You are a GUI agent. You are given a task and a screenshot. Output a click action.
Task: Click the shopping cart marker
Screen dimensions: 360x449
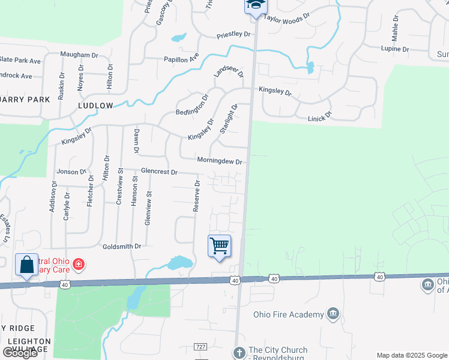[220, 245]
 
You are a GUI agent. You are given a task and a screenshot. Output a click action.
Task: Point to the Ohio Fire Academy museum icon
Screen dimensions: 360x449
[333, 314]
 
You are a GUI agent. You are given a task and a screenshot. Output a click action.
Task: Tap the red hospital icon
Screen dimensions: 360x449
[78, 264]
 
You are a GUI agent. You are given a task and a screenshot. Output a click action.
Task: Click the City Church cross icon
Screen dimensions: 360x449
[239, 353]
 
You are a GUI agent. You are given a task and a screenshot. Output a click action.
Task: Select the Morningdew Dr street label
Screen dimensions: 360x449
[219, 161]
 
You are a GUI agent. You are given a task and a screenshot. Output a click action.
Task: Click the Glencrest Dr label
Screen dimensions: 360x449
[159, 172]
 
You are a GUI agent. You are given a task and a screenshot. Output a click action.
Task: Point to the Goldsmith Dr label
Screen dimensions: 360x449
[121, 246]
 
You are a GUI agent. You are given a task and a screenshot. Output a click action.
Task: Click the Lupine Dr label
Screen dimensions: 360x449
[395, 49]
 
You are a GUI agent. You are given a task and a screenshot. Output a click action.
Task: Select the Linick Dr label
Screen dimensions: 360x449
[319, 116]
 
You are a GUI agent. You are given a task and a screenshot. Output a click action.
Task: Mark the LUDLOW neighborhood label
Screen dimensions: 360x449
[95, 106]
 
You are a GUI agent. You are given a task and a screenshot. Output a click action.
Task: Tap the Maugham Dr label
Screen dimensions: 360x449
[79, 55]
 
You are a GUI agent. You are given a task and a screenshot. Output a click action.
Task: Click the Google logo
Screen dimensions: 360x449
[20, 353]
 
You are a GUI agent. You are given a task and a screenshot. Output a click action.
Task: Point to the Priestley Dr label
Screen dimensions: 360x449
[234, 34]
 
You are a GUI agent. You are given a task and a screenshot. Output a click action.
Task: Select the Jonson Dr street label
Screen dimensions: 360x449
[71, 172]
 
